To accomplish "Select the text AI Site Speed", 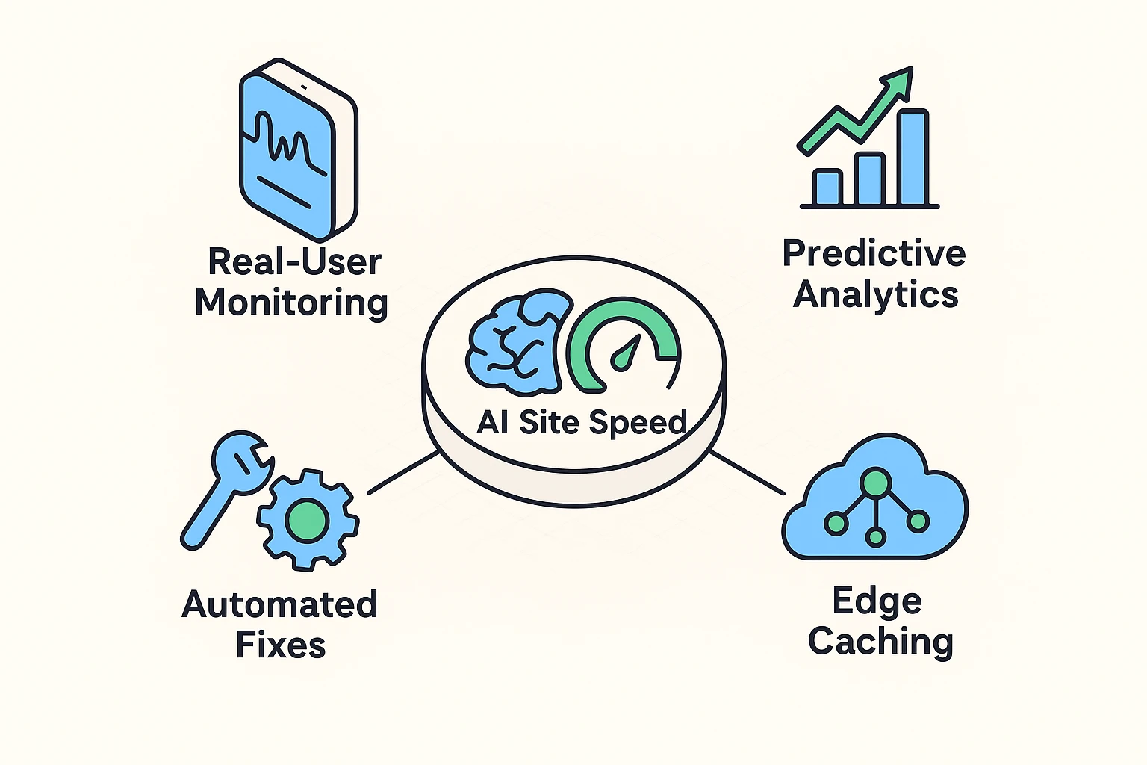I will [x=581, y=422].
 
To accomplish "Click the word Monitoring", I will [x=291, y=303].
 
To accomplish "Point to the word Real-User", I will [x=294, y=262].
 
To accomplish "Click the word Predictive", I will [x=874, y=253].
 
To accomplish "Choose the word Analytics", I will [x=875, y=294].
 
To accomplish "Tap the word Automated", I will [x=279, y=604].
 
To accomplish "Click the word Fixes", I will [x=281, y=645].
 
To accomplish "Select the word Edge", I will [x=877, y=601].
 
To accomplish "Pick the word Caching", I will [x=880, y=642].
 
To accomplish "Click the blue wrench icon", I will [x=224, y=486].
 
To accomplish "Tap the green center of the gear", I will [x=306, y=517].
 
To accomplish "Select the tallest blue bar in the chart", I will [x=913, y=158].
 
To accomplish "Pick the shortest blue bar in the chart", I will [x=827, y=188].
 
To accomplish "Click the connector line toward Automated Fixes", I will [x=403, y=472].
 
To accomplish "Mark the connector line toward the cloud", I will [x=747, y=472].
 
